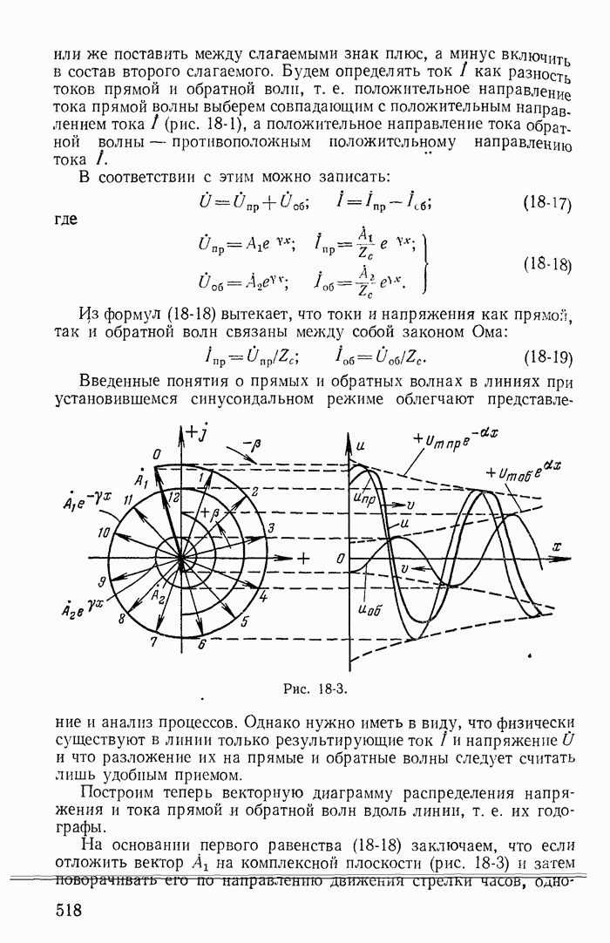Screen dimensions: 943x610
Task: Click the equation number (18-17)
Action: [x=546, y=205]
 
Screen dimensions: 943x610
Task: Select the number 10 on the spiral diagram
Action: [x=106, y=532]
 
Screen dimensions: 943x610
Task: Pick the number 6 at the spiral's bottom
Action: [x=201, y=644]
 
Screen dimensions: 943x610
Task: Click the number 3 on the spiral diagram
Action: [x=271, y=528]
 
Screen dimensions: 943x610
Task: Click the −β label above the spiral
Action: [x=251, y=444]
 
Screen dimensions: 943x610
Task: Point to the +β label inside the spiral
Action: [x=207, y=514]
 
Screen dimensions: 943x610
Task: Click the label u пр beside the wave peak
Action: [x=366, y=498]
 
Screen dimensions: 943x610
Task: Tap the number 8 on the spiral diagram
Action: [x=122, y=618]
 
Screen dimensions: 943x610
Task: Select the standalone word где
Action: [x=66, y=220]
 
